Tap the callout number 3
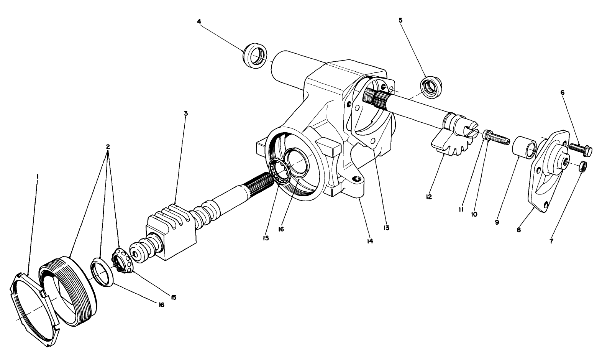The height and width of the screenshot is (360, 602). coord(185,113)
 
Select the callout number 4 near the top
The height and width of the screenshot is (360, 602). coord(199,21)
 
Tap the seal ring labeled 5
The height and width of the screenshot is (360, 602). coord(431,86)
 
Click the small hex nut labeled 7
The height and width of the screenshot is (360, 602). coord(582,166)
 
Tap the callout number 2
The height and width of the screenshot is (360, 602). coord(108,147)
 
